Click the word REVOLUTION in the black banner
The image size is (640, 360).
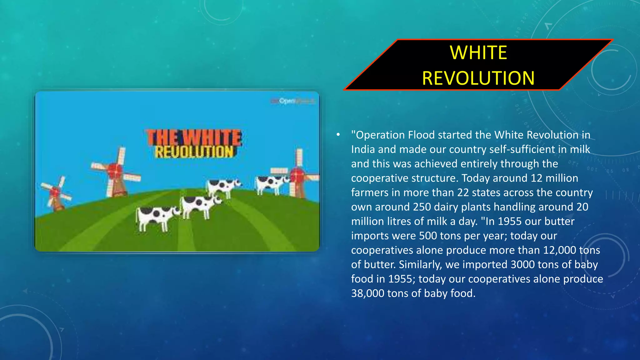(478, 78)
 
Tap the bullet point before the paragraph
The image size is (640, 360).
(338, 135)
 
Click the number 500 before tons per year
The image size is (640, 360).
(428, 236)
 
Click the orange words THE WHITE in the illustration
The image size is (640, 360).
(194, 137)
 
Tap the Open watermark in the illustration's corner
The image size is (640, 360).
(287, 101)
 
